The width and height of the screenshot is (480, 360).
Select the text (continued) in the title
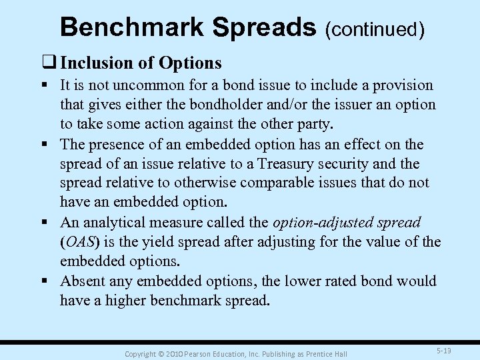click(x=374, y=29)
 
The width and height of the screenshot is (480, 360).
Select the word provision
click(x=403, y=86)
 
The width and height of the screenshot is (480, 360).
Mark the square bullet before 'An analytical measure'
click(x=49, y=222)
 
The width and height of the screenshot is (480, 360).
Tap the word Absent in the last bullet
click(x=81, y=281)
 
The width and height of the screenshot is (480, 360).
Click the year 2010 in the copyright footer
click(x=172, y=353)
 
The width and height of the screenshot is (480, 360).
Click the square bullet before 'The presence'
click(x=49, y=144)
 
